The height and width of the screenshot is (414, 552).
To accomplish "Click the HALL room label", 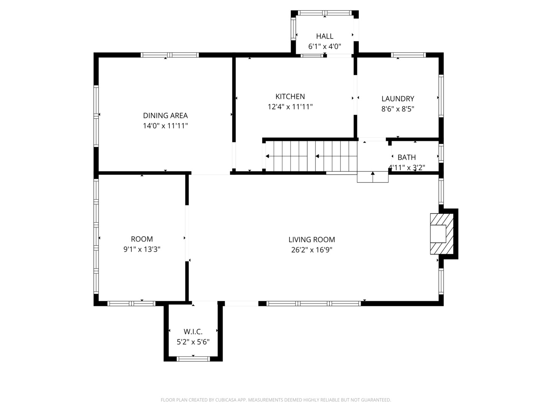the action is pyautogui.click(x=325, y=36).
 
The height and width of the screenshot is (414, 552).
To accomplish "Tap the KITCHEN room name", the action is pyautogui.click(x=290, y=97).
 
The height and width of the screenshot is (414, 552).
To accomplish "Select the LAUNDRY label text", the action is pyautogui.click(x=398, y=99).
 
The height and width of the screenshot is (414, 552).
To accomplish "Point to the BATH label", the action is pyautogui.click(x=406, y=157).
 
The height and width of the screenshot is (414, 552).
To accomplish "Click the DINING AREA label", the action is pyautogui.click(x=165, y=116).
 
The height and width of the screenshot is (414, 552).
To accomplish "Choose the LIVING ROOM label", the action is pyautogui.click(x=312, y=240).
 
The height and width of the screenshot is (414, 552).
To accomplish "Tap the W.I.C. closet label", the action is pyautogui.click(x=193, y=332).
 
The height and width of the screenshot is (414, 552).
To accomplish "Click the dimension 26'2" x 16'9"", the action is pyautogui.click(x=312, y=250).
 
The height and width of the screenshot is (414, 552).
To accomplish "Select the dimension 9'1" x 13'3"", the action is pyautogui.click(x=142, y=249).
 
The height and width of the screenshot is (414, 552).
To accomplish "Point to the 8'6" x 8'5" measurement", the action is pyautogui.click(x=398, y=109).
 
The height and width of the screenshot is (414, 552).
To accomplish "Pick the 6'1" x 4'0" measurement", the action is pyautogui.click(x=325, y=46).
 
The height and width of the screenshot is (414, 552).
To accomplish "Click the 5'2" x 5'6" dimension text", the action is pyautogui.click(x=193, y=342).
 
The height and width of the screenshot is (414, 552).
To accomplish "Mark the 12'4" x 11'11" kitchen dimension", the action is pyautogui.click(x=290, y=107).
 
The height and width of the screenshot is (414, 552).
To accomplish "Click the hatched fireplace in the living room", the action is pyautogui.click(x=442, y=234).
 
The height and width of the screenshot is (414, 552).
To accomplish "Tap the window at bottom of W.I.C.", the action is pyautogui.click(x=193, y=359).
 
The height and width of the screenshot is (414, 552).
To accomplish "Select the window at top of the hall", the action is pyautogui.click(x=325, y=13).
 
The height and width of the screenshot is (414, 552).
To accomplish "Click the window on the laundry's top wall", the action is pyautogui.click(x=408, y=55).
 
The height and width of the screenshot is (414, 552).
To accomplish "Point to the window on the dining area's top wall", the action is pyautogui.click(x=169, y=55).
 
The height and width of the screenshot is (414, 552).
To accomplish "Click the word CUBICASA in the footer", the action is pyautogui.click(x=226, y=400).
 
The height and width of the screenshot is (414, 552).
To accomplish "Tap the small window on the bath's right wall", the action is pyautogui.click(x=441, y=153).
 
